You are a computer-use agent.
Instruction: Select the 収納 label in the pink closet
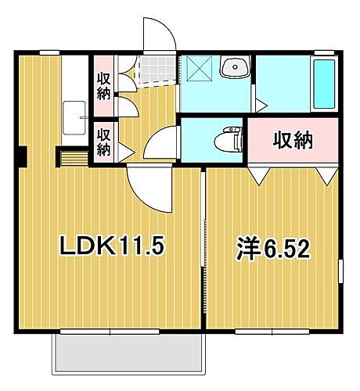pyautogui.click(x=293, y=141)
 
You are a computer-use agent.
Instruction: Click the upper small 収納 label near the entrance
pyautogui.click(x=103, y=85)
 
